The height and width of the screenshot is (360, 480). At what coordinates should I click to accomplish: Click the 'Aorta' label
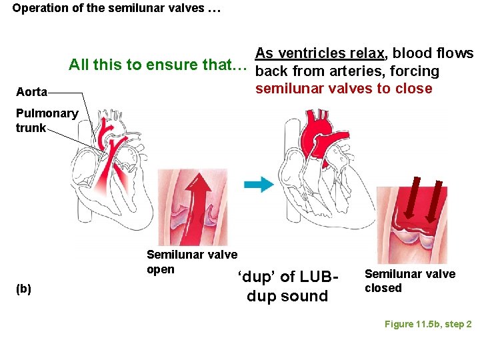point(31,92)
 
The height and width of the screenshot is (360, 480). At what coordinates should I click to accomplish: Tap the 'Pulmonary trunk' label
point(46,120)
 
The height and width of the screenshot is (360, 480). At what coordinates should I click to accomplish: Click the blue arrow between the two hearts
point(259,185)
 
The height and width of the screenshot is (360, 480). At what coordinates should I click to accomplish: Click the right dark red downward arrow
point(437,199)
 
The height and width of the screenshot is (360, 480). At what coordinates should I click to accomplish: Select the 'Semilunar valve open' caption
point(191,261)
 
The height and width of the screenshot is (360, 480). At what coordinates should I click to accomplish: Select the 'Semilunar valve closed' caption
point(409,281)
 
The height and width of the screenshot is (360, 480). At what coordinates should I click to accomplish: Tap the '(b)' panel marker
point(23,289)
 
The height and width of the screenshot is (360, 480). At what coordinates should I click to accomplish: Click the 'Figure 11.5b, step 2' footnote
point(427,324)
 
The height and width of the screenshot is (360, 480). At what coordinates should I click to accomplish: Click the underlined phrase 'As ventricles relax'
point(320,53)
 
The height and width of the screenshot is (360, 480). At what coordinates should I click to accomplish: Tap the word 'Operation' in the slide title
point(39,9)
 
